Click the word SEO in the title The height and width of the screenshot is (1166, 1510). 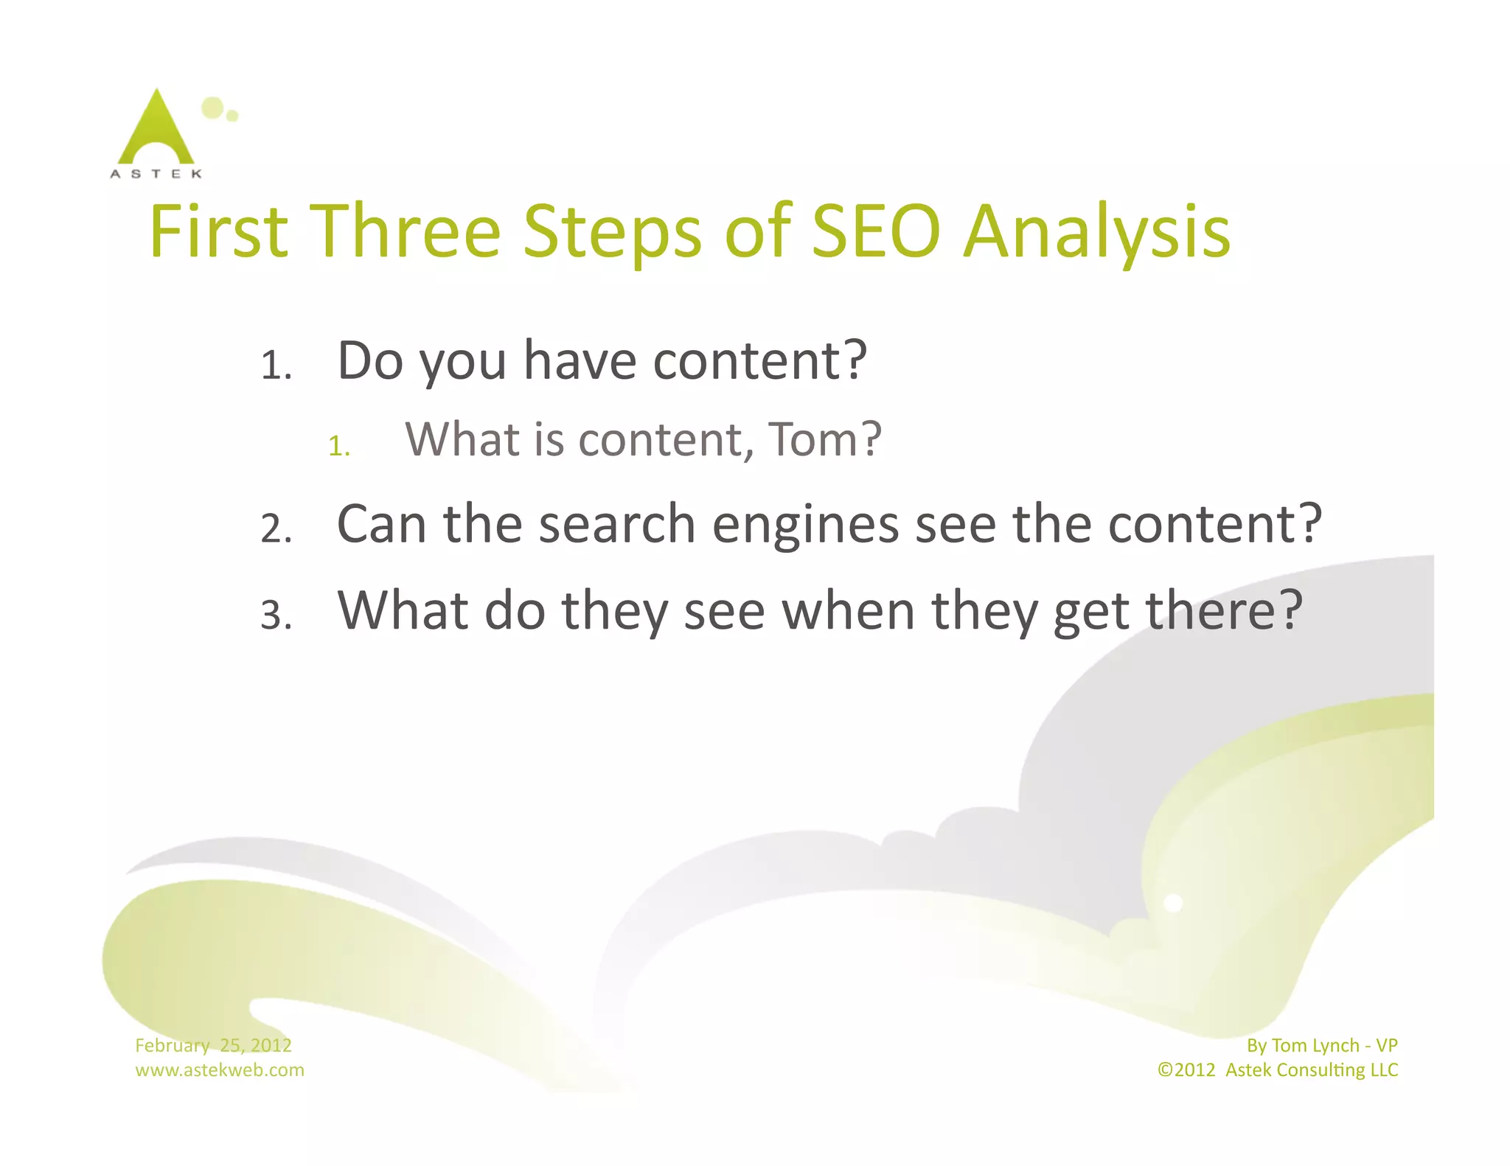[876, 231]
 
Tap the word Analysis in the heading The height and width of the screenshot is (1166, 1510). [1096, 233]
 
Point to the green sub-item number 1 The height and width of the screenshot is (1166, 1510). [338, 446]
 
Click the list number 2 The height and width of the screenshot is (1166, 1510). [276, 529]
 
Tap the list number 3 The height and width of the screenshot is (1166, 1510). [276, 615]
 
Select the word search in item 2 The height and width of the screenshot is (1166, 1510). [617, 524]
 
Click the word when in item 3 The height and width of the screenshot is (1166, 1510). [848, 611]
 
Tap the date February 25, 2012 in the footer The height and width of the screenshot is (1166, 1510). [213, 1045]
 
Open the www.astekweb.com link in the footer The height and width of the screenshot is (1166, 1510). [219, 1069]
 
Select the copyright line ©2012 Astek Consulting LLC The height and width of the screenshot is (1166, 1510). [1277, 1069]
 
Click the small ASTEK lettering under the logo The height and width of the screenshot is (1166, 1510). [156, 174]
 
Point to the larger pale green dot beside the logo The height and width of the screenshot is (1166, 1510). [212, 108]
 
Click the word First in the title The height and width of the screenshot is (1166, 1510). [218, 231]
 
